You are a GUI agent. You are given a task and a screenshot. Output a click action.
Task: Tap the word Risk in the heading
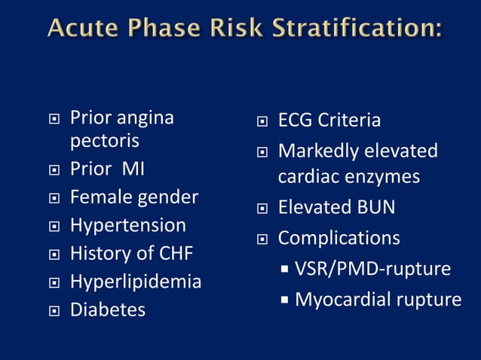(x=229, y=30)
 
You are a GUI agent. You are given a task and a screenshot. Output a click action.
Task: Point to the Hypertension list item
(x=127, y=225)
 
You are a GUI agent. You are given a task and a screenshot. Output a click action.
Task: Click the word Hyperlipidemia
(x=135, y=282)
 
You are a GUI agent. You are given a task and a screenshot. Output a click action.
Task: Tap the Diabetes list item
(x=107, y=310)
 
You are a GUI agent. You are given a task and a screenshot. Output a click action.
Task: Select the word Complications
(x=339, y=238)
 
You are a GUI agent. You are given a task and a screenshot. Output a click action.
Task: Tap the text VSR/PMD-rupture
(x=372, y=269)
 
